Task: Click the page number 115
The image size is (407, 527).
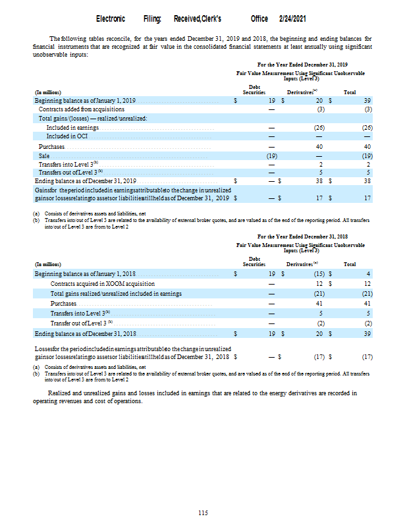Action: click(203, 513)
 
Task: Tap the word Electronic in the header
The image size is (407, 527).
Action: click(111, 19)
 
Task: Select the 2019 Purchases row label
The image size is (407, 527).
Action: click(51, 146)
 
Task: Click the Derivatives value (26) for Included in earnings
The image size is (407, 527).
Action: click(320, 127)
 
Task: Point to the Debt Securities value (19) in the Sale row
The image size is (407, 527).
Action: click(271, 155)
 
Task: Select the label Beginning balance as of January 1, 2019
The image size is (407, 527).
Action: click(85, 100)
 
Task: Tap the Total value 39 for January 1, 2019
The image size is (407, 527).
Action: click(369, 100)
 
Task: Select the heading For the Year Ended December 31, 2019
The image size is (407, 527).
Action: click(302, 65)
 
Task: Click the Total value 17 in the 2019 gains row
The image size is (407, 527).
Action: click(369, 198)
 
